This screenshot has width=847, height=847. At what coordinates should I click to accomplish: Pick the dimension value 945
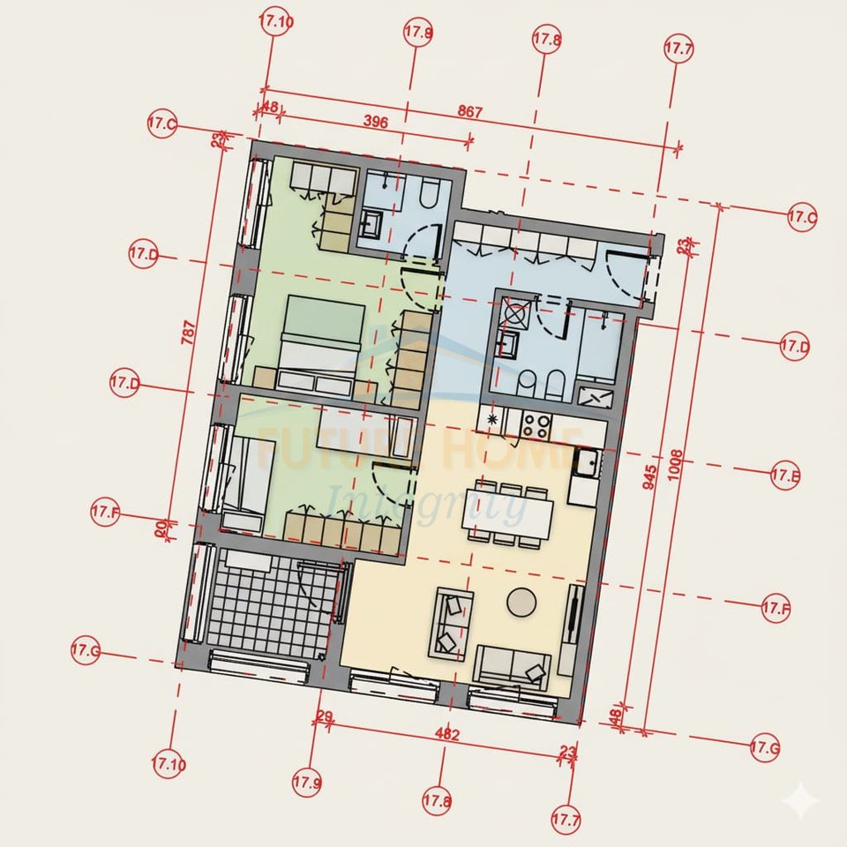pyautogui.click(x=651, y=476)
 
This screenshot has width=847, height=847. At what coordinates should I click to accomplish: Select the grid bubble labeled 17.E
pyautogui.click(x=784, y=476)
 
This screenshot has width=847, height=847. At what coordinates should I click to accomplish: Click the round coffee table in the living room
pyautogui.click(x=521, y=602)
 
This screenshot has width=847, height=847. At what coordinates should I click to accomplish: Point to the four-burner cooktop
pyautogui.click(x=534, y=425)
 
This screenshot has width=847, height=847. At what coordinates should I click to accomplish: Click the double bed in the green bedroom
pyautogui.click(x=321, y=344)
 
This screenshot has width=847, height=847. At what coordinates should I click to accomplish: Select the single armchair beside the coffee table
pyautogui.click(x=452, y=625)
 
